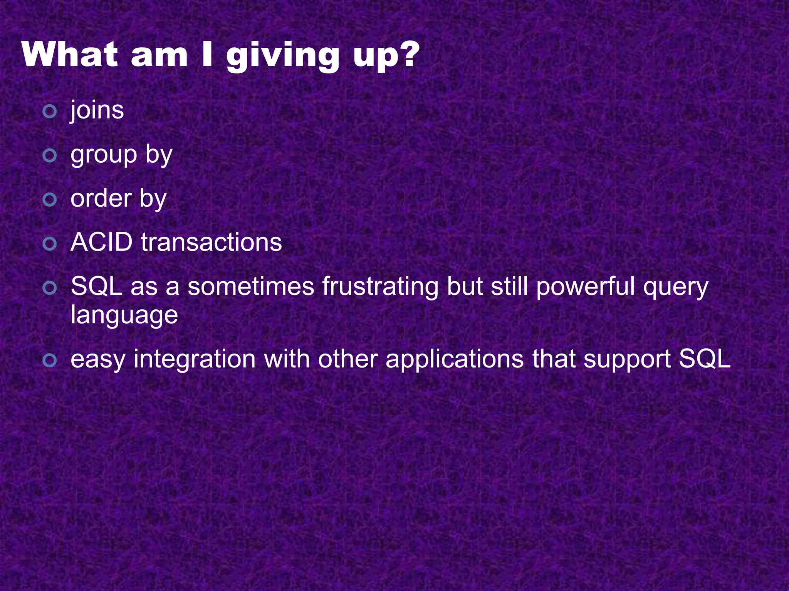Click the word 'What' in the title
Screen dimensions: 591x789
pyautogui.click(x=70, y=55)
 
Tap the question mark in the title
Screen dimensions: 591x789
pyautogui.click(x=407, y=55)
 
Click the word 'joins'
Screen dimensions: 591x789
pyautogui.click(x=97, y=111)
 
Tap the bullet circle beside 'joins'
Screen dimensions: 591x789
pyautogui.click(x=50, y=112)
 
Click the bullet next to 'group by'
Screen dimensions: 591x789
pyautogui.click(x=50, y=156)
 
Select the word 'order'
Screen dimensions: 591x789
pyautogui.click(x=101, y=199)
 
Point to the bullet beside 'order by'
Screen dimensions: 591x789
pyautogui.click(x=50, y=200)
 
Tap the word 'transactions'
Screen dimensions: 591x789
pyautogui.click(x=212, y=243)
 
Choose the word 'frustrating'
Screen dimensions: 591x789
pyautogui.click(x=380, y=287)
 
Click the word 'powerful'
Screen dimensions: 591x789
pyautogui.click(x=585, y=287)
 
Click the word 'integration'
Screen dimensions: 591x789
pyautogui.click(x=195, y=360)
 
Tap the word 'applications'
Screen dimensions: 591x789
pyautogui.click(x=455, y=360)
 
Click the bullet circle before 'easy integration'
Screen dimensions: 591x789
pyautogui.click(x=50, y=360)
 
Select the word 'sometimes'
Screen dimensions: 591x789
pyautogui.click(x=251, y=287)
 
